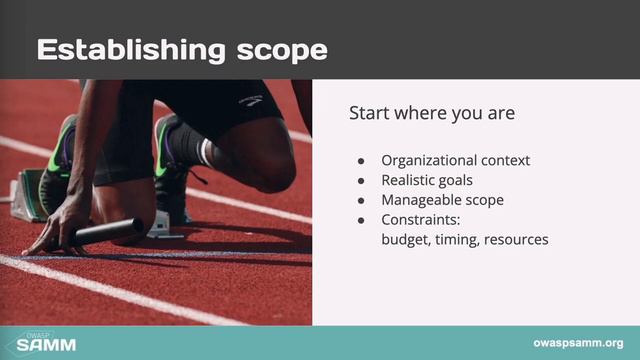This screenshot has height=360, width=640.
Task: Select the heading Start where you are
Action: click(432, 113)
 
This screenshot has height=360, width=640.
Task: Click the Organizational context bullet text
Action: click(455, 160)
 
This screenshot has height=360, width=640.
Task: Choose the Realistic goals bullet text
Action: click(427, 180)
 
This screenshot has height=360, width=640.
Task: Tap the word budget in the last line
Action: click(405, 240)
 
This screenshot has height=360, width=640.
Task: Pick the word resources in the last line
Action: click(516, 240)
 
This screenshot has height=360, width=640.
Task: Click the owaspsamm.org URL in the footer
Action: click(578, 343)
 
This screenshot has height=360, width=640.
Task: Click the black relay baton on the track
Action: click(105, 233)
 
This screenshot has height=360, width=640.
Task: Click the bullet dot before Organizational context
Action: click(361, 161)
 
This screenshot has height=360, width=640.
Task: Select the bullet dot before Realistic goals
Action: click(361, 181)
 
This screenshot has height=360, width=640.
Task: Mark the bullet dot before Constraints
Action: click(361, 221)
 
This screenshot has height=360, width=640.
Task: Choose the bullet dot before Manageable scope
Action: click(361, 201)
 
